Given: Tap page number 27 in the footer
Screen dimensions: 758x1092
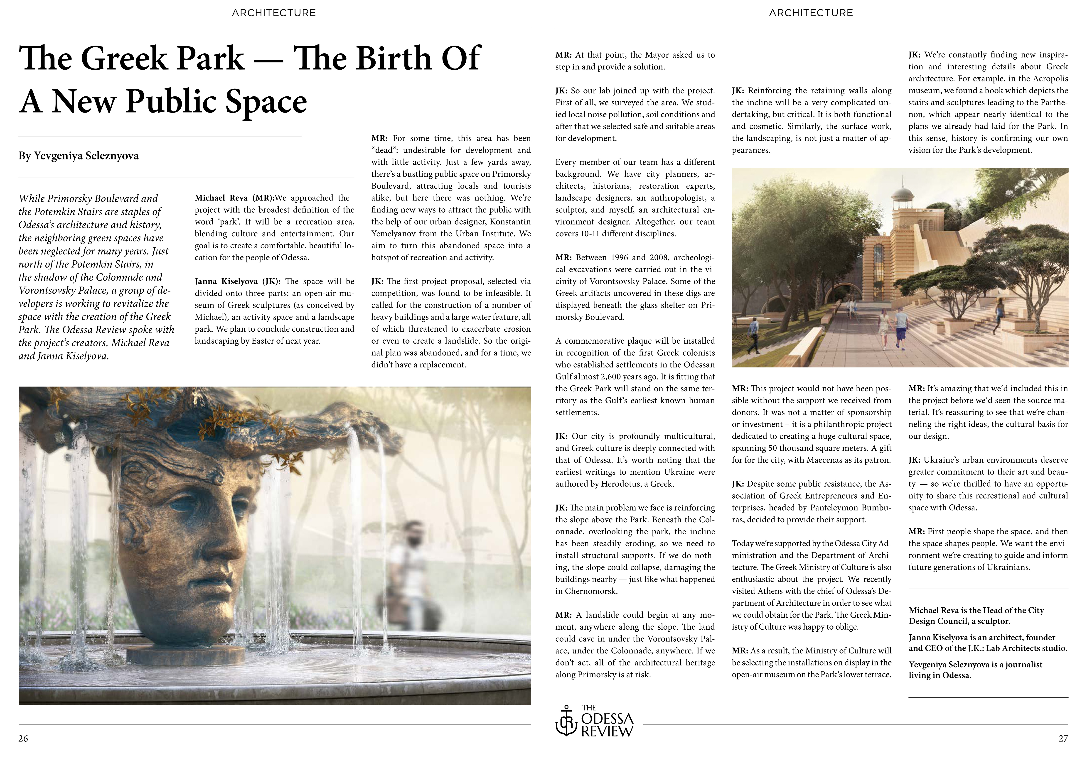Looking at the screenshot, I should pyautogui.click(x=1063, y=738).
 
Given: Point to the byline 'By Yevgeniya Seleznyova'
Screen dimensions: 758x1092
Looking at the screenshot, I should pyautogui.click(x=79, y=156).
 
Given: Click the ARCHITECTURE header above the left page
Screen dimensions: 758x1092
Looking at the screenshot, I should pyautogui.click(x=274, y=13).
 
